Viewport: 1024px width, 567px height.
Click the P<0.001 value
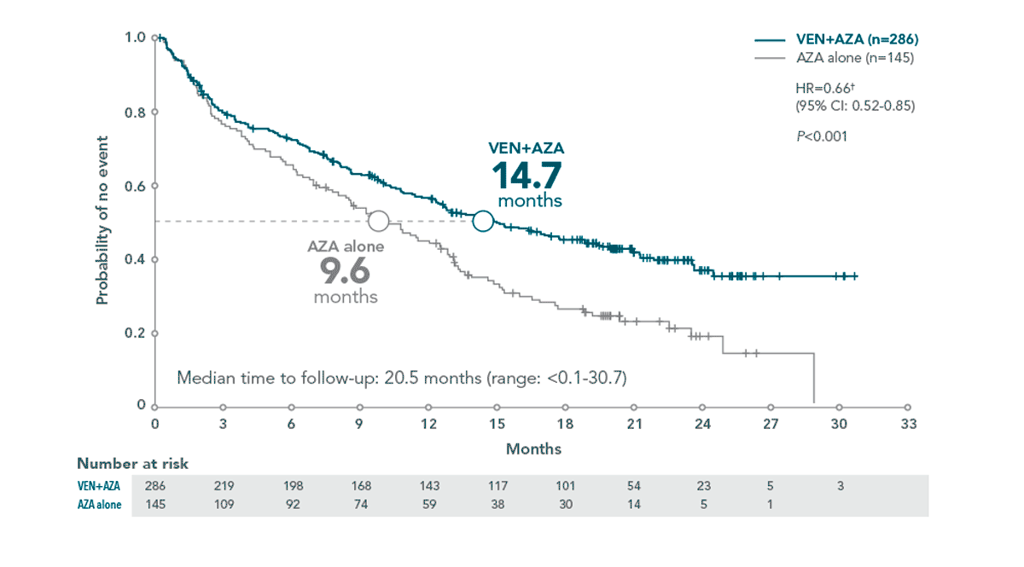pyautogui.click(x=821, y=136)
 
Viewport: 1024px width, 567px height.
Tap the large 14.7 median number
pyautogui.click(x=527, y=176)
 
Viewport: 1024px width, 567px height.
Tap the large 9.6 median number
pyautogui.click(x=346, y=272)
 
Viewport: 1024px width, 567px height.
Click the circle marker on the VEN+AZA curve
pyautogui.click(x=483, y=221)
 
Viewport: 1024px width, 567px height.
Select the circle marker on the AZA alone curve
pyautogui.click(x=378, y=221)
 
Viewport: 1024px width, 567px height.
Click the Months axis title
pyautogui.click(x=533, y=448)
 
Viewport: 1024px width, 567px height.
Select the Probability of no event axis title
pyautogui.click(x=102, y=220)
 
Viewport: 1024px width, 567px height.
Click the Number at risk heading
pyautogui.click(x=132, y=464)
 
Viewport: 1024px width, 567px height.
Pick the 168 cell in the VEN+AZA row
pyautogui.click(x=361, y=485)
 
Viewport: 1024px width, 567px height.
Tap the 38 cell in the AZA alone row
pyautogui.click(x=497, y=504)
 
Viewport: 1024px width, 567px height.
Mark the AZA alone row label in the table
pyautogui.click(x=100, y=505)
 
